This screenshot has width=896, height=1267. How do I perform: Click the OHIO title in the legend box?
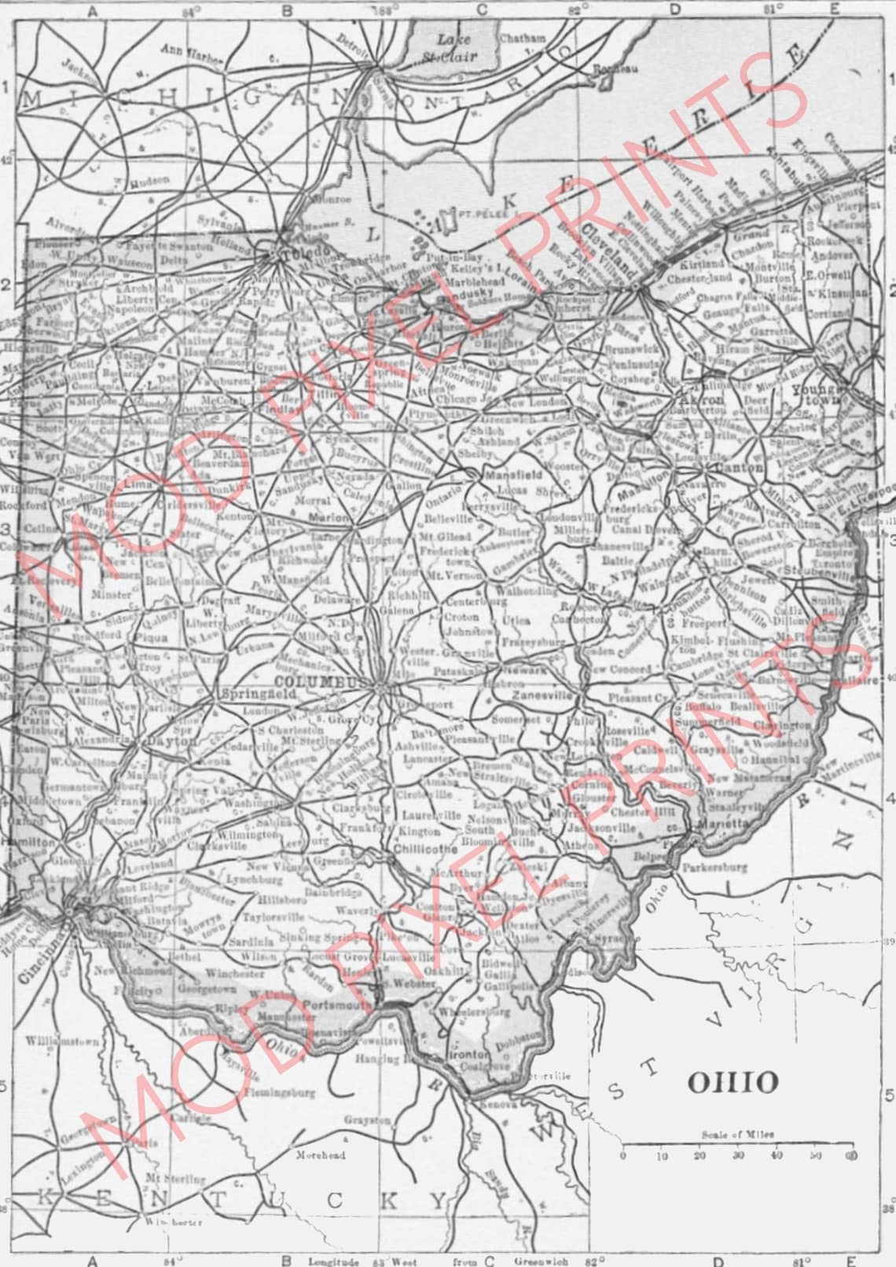[x=733, y=1082]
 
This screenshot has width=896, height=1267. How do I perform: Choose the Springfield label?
[x=248, y=695]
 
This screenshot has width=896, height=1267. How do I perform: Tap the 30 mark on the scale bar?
[x=738, y=1155]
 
